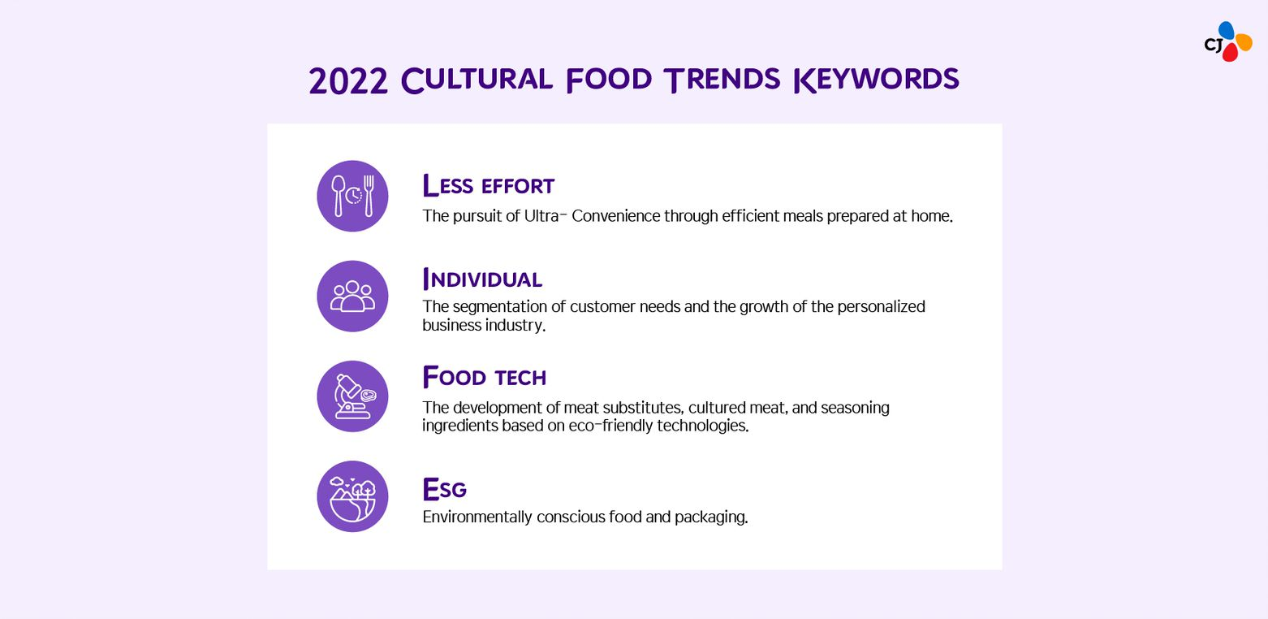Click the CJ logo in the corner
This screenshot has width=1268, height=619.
1227,42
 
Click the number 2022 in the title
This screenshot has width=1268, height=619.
348,81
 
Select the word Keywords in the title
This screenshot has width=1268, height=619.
876,80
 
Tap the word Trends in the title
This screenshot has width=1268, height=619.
722,80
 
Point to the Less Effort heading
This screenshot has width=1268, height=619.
489,185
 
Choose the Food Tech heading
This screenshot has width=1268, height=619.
485,377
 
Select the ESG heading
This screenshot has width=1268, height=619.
444,489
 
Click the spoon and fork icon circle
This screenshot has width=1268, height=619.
352,196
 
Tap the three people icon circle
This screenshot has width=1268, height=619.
352,297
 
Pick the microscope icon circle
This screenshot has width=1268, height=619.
352,396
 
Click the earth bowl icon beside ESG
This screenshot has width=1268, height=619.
352,496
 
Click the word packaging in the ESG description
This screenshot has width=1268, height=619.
711,517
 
